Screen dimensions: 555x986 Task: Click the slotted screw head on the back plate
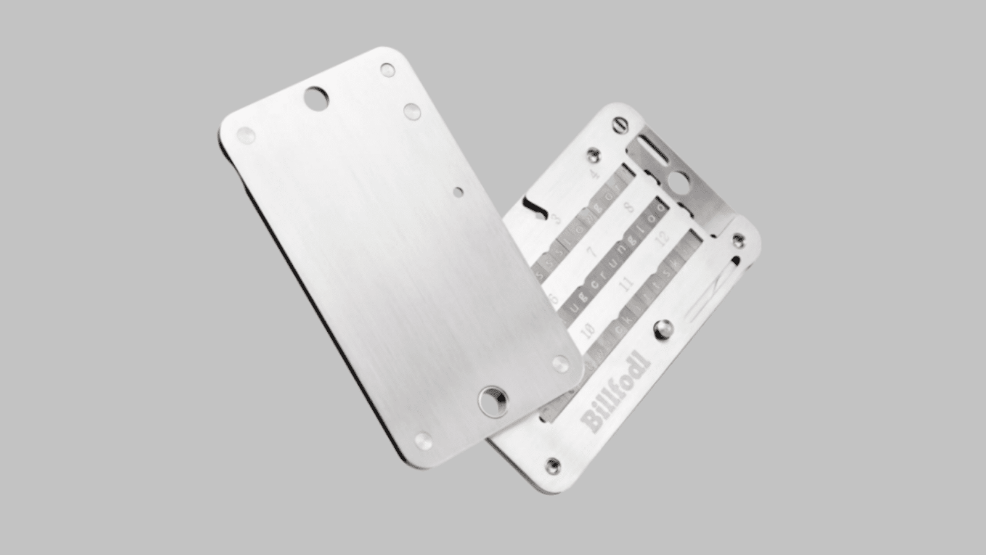[621, 125]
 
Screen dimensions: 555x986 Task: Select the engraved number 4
[595, 175]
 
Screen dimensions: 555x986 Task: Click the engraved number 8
[629, 207]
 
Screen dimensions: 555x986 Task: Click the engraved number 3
[557, 218]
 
